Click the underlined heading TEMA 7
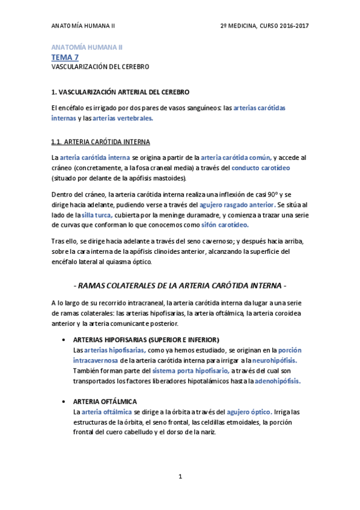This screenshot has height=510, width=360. (x=65, y=57)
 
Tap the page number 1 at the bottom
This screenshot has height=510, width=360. (x=180, y=477)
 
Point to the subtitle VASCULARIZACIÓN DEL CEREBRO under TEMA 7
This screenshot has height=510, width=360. (x=100, y=67)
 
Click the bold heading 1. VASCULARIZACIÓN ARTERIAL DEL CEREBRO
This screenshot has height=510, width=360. (x=120, y=92)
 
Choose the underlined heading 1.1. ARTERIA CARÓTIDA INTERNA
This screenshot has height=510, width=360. (x=100, y=142)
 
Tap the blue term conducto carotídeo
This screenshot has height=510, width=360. (x=260, y=168)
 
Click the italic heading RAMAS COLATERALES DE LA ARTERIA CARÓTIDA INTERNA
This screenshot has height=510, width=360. (x=180, y=284)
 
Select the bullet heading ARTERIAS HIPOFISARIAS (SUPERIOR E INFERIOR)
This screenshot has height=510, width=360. (x=145, y=339)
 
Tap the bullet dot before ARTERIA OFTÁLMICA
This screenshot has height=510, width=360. (x=64, y=401)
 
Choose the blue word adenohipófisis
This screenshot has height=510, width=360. (x=277, y=381)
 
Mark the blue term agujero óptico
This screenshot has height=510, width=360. (x=249, y=412)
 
